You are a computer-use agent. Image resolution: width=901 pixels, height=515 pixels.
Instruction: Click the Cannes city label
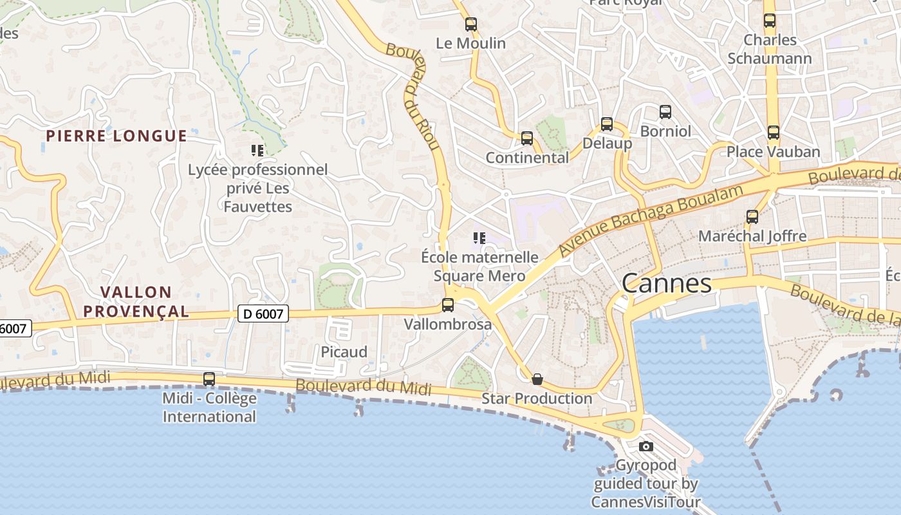coord(667,283)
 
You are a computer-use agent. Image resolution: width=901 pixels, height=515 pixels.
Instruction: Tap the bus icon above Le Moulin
coord(471,24)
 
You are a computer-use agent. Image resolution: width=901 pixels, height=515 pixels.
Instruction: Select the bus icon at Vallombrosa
coord(448,305)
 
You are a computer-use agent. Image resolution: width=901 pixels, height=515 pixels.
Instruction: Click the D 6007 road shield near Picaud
coord(263,314)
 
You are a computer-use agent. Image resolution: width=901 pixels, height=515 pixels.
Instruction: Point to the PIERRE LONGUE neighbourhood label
coord(116,136)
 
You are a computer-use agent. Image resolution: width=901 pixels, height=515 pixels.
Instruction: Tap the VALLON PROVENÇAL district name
coord(136,302)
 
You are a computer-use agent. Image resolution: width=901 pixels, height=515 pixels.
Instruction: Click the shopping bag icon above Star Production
coord(537,379)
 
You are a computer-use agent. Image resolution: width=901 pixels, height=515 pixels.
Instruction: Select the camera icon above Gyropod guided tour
coord(646,446)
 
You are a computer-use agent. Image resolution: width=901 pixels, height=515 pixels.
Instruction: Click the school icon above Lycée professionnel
coord(257,151)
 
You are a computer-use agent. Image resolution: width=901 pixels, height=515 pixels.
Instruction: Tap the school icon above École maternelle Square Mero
coord(479,238)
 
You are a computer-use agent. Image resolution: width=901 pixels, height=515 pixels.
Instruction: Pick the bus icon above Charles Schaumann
coord(770,21)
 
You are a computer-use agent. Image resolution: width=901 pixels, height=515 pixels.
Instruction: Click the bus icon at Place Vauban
coord(774,133)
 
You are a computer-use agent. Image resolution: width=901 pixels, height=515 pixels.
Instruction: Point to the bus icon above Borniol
coord(665,112)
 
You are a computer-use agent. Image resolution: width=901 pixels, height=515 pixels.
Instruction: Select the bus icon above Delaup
coord(607,124)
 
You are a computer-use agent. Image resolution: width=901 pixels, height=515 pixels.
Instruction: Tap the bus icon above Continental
coord(527,138)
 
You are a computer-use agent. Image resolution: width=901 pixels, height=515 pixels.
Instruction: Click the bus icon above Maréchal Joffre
coord(752,217)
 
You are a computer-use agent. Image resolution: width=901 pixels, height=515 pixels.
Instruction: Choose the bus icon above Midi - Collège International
coord(209,379)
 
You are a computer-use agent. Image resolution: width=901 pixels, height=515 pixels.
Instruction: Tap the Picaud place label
coord(344,352)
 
